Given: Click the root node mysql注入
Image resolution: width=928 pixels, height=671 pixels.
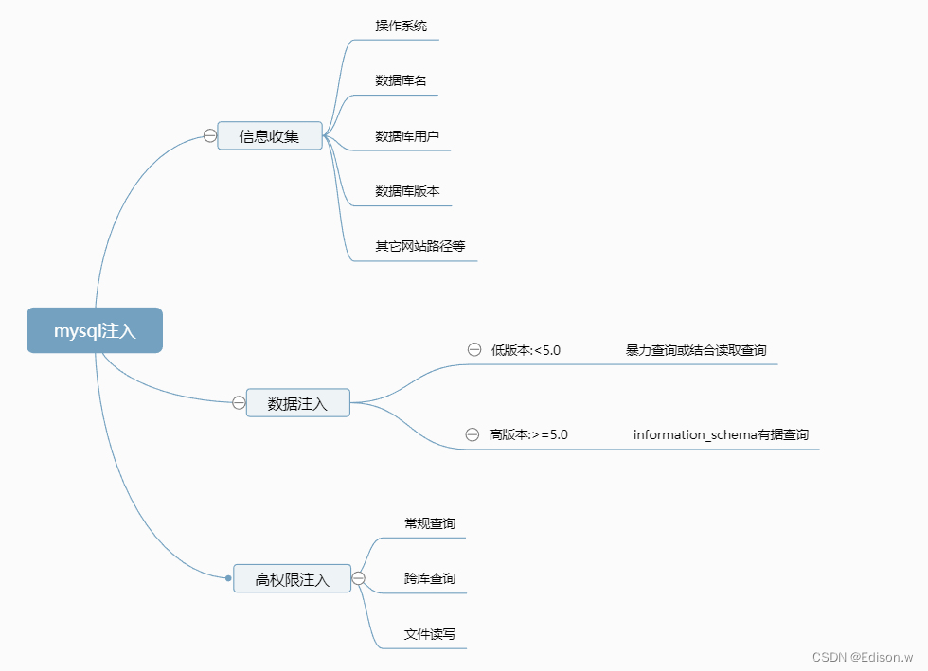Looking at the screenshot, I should tap(95, 331).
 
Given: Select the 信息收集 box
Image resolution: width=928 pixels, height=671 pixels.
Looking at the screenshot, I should tap(270, 136).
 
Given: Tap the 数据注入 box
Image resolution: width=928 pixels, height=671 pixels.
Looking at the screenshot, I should tap(297, 403).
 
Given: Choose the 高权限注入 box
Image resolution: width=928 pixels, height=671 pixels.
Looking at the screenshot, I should tap(292, 578).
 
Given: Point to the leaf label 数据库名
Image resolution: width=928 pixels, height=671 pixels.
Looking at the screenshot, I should tap(401, 80).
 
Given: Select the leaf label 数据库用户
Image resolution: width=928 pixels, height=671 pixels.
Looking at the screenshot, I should tap(407, 136).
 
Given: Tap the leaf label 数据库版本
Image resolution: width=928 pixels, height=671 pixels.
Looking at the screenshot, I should tap(407, 191).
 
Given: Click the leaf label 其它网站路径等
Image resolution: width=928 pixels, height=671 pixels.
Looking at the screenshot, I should tap(420, 246).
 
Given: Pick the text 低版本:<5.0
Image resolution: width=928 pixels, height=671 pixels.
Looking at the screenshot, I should tap(526, 350).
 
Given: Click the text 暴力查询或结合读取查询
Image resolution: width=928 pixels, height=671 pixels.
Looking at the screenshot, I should tap(696, 350).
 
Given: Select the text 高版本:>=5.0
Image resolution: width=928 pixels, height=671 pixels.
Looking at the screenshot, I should tap(528, 434).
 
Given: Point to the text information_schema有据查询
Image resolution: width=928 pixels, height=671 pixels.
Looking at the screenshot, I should tap(721, 434).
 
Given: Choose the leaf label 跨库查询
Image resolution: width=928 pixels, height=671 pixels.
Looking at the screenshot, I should tap(430, 578).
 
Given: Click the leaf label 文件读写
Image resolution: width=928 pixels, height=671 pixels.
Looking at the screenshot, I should tap(430, 634).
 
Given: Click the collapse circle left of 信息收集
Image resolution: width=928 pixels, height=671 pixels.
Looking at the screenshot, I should tap(210, 136).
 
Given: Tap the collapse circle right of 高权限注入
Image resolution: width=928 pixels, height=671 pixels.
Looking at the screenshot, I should tap(359, 578).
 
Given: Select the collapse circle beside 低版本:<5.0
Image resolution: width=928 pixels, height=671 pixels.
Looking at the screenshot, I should tap(474, 350).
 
